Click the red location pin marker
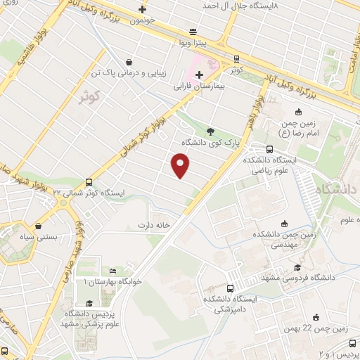coord(181,166)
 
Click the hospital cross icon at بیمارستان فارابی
coord(200,75)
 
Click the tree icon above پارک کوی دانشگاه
coord(210,130)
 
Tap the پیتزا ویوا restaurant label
coord(193,44)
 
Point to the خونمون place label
coord(143,22)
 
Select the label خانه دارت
coord(155,226)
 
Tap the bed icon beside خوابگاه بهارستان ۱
coord(112,271)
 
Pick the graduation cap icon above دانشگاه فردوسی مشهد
coord(297,268)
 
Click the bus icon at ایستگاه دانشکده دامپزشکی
coord(231,288)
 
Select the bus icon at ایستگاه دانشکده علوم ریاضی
coord(270,149)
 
